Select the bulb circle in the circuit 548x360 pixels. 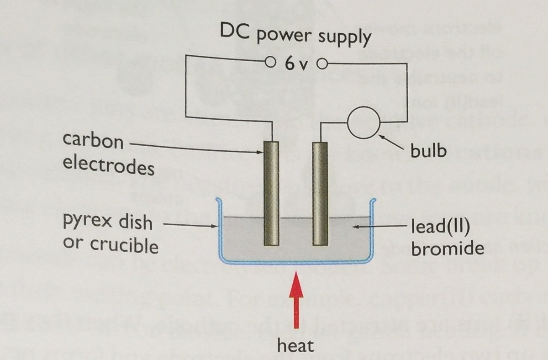(x=364, y=123)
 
